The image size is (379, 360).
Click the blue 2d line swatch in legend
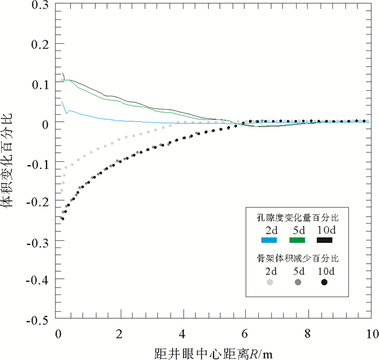coord(269,240)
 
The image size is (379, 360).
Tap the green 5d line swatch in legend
coord(297,240)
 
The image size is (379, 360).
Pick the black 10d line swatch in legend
coord(325,240)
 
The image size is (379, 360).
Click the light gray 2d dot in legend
coord(270,283)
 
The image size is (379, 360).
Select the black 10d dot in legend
coord(324,283)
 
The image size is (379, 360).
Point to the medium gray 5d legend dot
coord(298,283)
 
